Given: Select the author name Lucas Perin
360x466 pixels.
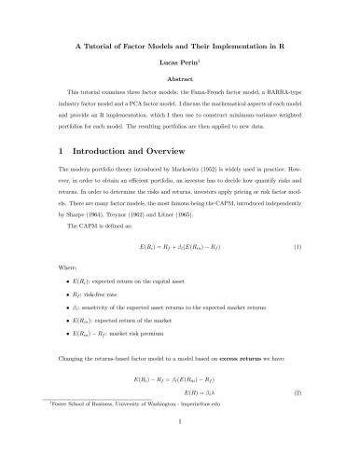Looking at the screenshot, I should (x=179, y=62).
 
